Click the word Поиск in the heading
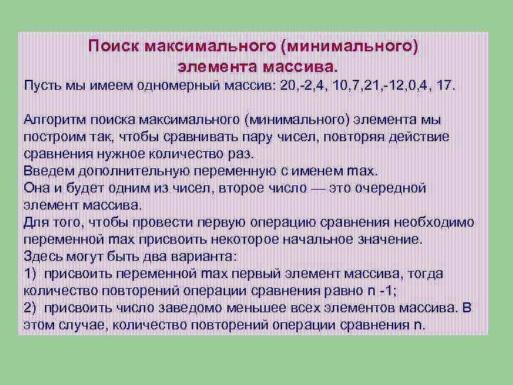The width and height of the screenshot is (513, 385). tap(113, 46)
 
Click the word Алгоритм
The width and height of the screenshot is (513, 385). tap(51, 119)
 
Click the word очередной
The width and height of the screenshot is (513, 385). tap(392, 188)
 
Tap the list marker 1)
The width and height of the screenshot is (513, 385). tap(30, 273)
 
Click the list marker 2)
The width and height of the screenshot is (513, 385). tap(30, 307)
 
